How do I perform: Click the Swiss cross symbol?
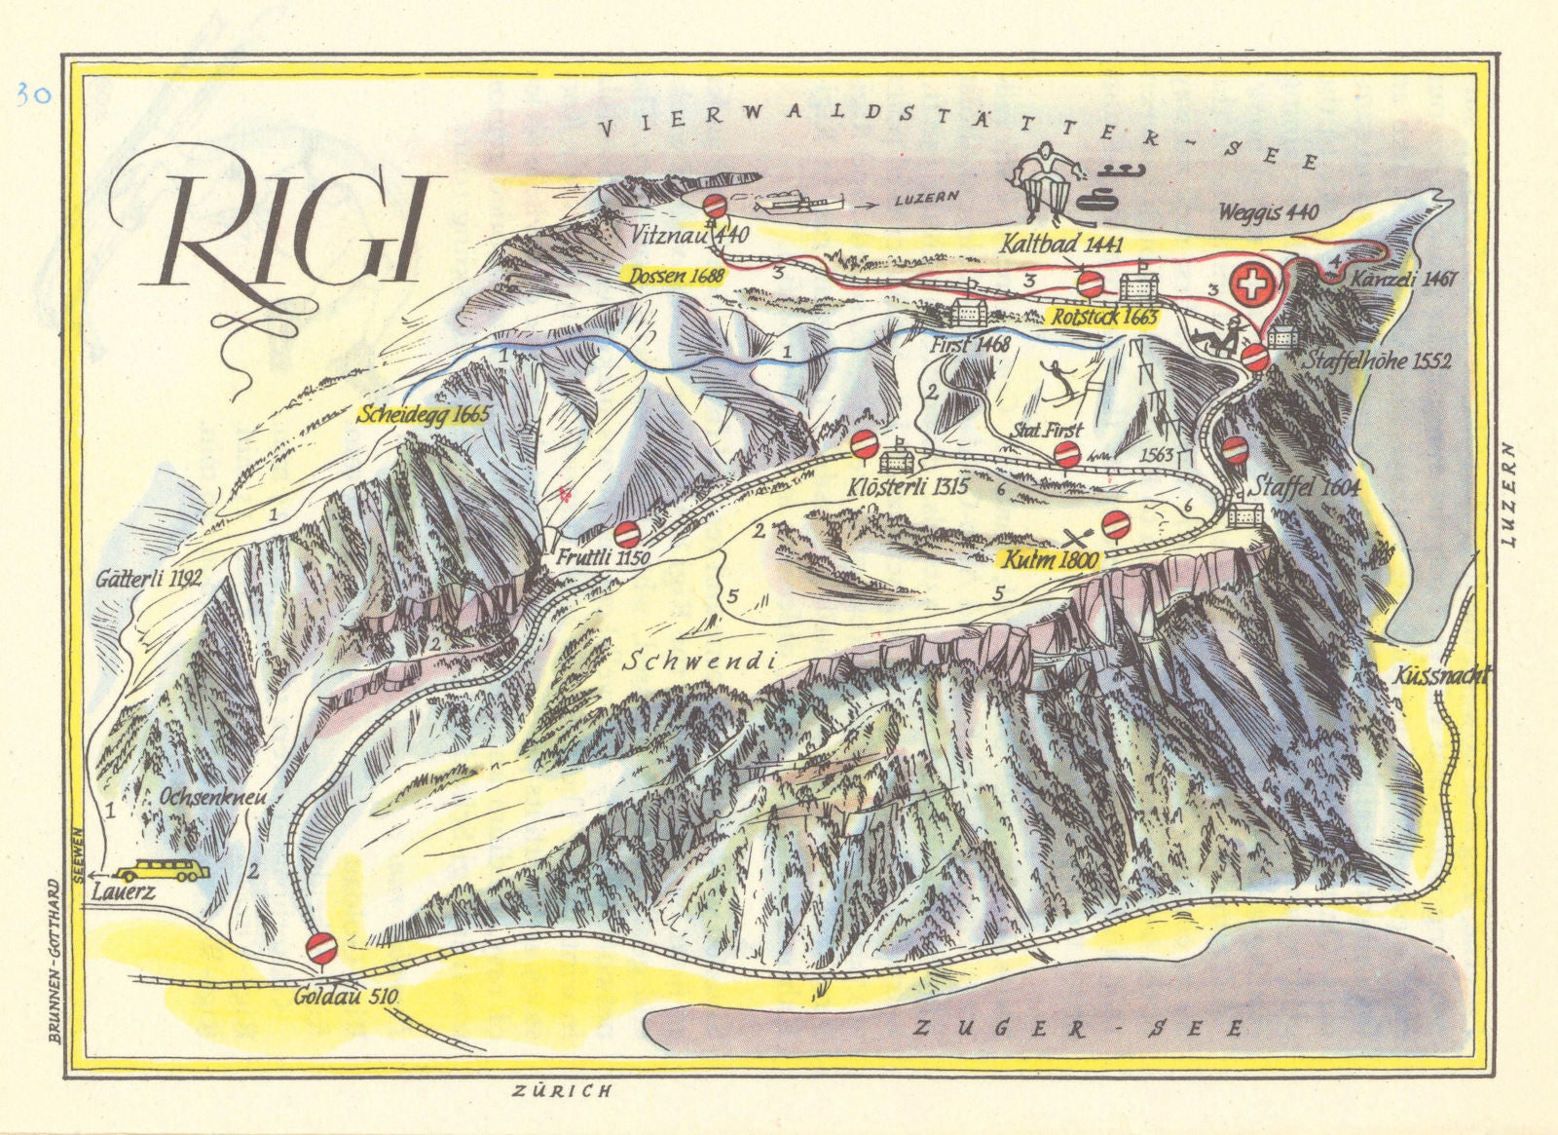click(1250, 284)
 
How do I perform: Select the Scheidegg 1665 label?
click(423, 413)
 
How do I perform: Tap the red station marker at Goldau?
click(323, 945)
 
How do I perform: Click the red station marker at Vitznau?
click(716, 206)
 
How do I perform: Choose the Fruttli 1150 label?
click(604, 560)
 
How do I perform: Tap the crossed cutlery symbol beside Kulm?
click(1077, 536)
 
